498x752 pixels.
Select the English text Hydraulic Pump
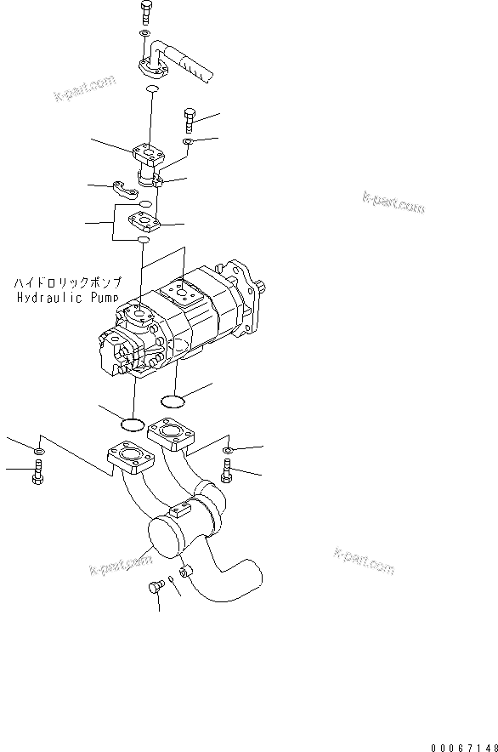pyautogui.click(x=68, y=298)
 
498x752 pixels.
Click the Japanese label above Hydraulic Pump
pyautogui.click(x=68, y=282)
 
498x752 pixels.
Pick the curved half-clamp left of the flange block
pyautogui.click(x=126, y=192)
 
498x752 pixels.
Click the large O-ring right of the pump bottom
pyautogui.click(x=174, y=400)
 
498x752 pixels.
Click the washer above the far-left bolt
pyautogui.click(x=39, y=449)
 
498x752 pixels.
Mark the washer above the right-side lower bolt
pyautogui.click(x=227, y=447)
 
